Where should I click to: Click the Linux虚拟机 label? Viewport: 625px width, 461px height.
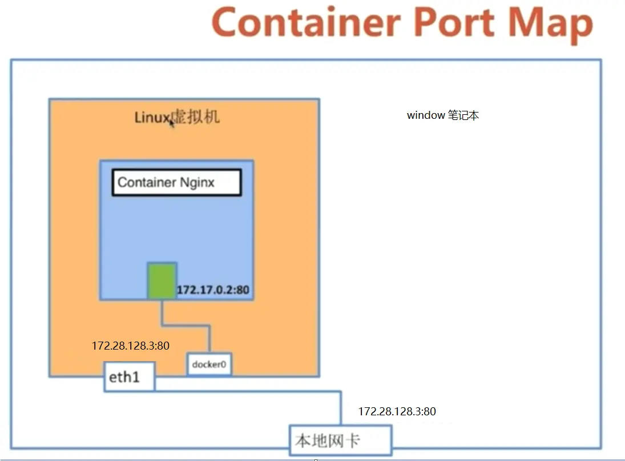177,118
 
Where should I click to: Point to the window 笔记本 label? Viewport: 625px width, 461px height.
442,115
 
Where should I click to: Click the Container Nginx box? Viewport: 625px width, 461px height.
176,183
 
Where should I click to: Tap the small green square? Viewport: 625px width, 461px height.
162,280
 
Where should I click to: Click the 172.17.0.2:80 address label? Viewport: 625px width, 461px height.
213,290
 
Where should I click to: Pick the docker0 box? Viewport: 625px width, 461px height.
209,364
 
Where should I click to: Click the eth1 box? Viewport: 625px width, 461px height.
129,377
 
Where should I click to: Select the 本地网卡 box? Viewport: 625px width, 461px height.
340,440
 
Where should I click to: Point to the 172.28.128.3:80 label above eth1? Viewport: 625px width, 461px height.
131,346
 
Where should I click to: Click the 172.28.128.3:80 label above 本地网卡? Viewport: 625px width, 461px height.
397,411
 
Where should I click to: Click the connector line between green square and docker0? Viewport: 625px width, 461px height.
186,325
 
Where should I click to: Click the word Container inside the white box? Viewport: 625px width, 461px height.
147,183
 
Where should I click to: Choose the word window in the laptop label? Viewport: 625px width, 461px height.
425,115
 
